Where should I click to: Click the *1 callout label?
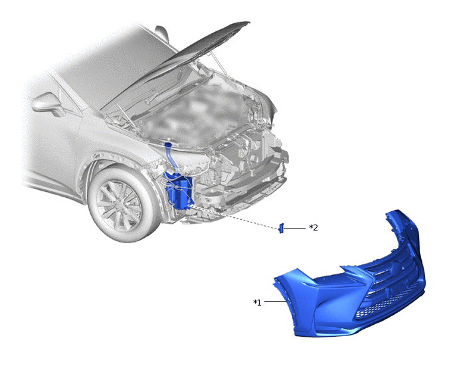point(257,303)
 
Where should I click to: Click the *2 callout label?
point(314,227)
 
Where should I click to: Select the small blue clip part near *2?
point(281,229)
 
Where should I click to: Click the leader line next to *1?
point(274,301)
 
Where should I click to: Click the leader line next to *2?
point(294,228)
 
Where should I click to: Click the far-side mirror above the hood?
point(162,33)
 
